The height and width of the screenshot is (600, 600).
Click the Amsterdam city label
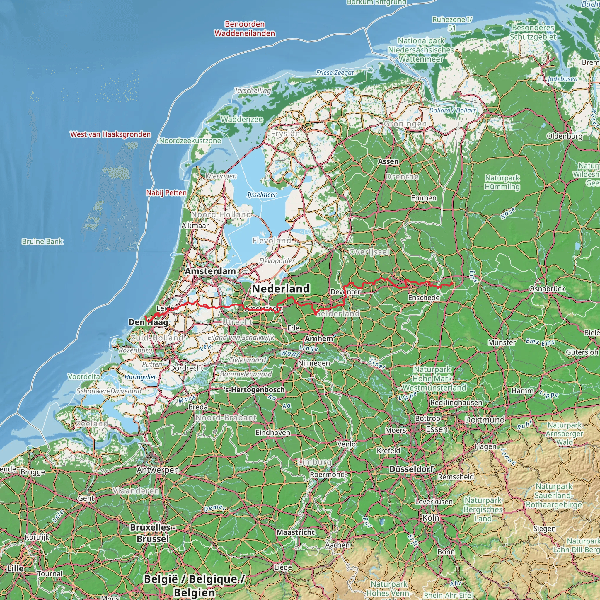click(210, 271)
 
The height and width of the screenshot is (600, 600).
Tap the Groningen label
click(405, 124)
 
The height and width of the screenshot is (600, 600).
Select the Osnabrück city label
click(547, 289)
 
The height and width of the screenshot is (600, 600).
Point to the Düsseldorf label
click(411, 469)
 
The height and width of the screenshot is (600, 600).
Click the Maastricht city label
click(296, 532)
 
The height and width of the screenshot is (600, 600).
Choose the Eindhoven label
click(273, 432)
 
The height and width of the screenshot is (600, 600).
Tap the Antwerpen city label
click(158, 470)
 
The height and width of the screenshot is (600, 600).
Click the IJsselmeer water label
click(262, 195)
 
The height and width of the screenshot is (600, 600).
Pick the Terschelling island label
click(253, 90)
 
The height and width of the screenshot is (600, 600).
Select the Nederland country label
click(281, 289)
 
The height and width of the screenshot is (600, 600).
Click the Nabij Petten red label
click(166, 192)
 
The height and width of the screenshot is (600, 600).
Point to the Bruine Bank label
click(42, 241)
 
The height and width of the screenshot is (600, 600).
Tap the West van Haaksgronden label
click(110, 134)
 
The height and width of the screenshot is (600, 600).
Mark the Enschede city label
click(424, 298)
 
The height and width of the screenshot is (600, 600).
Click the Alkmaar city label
click(195, 226)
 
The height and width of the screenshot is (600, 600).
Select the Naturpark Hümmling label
click(502, 182)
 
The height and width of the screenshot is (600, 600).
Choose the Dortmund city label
click(485, 420)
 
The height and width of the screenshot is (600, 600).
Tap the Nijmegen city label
click(314, 363)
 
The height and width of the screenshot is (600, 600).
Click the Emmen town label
click(424, 198)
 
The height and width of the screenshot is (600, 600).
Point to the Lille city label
click(15, 568)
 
